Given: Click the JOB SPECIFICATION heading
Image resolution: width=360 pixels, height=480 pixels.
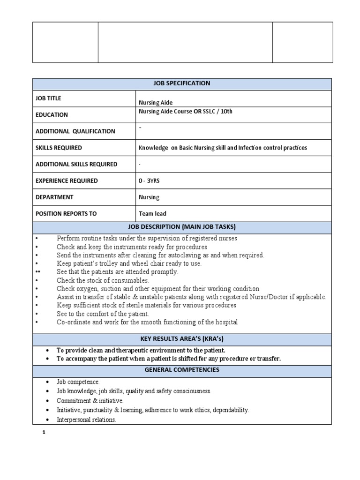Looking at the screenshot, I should [x=182, y=83].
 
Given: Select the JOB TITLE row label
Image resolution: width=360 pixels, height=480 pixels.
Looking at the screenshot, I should [x=48, y=98].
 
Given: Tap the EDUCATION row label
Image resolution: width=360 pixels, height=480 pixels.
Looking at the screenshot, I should [x=52, y=115].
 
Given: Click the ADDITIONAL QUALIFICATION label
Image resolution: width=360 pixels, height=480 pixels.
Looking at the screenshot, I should [x=75, y=131].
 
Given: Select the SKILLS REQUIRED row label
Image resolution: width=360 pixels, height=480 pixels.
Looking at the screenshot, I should [x=59, y=148].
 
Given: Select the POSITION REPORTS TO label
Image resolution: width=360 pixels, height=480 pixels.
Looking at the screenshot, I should [x=66, y=214].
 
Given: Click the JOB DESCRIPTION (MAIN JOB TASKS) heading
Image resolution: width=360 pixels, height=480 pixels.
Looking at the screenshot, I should [x=182, y=227].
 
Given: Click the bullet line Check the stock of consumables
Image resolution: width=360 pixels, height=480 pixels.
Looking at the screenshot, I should [x=103, y=280].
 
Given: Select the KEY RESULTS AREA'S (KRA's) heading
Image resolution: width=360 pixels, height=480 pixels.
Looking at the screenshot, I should [x=182, y=339].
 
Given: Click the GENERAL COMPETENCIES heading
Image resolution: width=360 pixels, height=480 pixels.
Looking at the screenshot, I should [x=182, y=370].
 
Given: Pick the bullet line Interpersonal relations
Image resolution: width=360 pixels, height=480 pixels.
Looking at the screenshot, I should [x=86, y=420].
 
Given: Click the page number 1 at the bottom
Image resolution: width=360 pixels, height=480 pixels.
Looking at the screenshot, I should [x=44, y=433].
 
